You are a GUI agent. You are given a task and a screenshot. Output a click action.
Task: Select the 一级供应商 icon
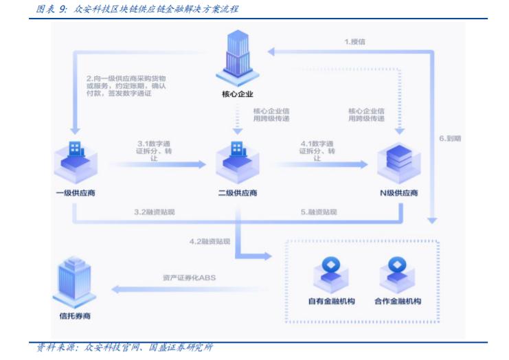75,160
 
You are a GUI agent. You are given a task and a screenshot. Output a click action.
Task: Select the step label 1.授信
354,42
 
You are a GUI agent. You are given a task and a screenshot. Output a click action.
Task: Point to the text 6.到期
450,138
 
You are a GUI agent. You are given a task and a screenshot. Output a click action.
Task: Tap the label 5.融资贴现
319,212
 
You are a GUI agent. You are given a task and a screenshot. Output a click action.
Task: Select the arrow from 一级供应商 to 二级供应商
158,165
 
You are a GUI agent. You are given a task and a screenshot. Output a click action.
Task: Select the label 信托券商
74,317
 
